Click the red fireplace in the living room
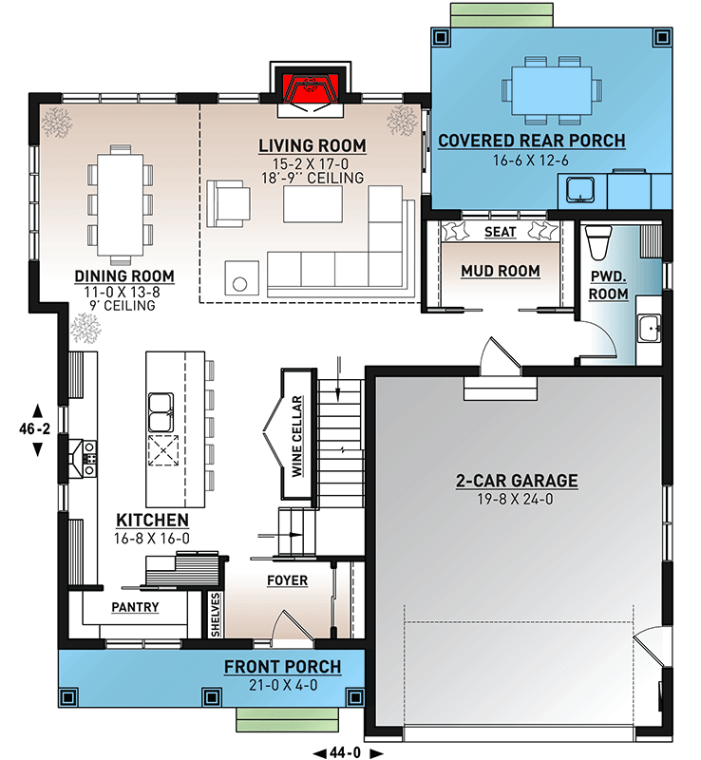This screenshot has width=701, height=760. tap(312, 90)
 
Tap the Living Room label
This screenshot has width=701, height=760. tap(313, 145)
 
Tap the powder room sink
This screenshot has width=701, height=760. tap(649, 329)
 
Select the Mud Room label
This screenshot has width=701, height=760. tap(500, 271)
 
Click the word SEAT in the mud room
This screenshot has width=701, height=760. tap(500, 232)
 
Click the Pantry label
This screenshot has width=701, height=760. tap(135, 606)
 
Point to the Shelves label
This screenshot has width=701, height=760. tap(217, 614)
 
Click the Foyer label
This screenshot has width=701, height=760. tap(286, 580)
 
